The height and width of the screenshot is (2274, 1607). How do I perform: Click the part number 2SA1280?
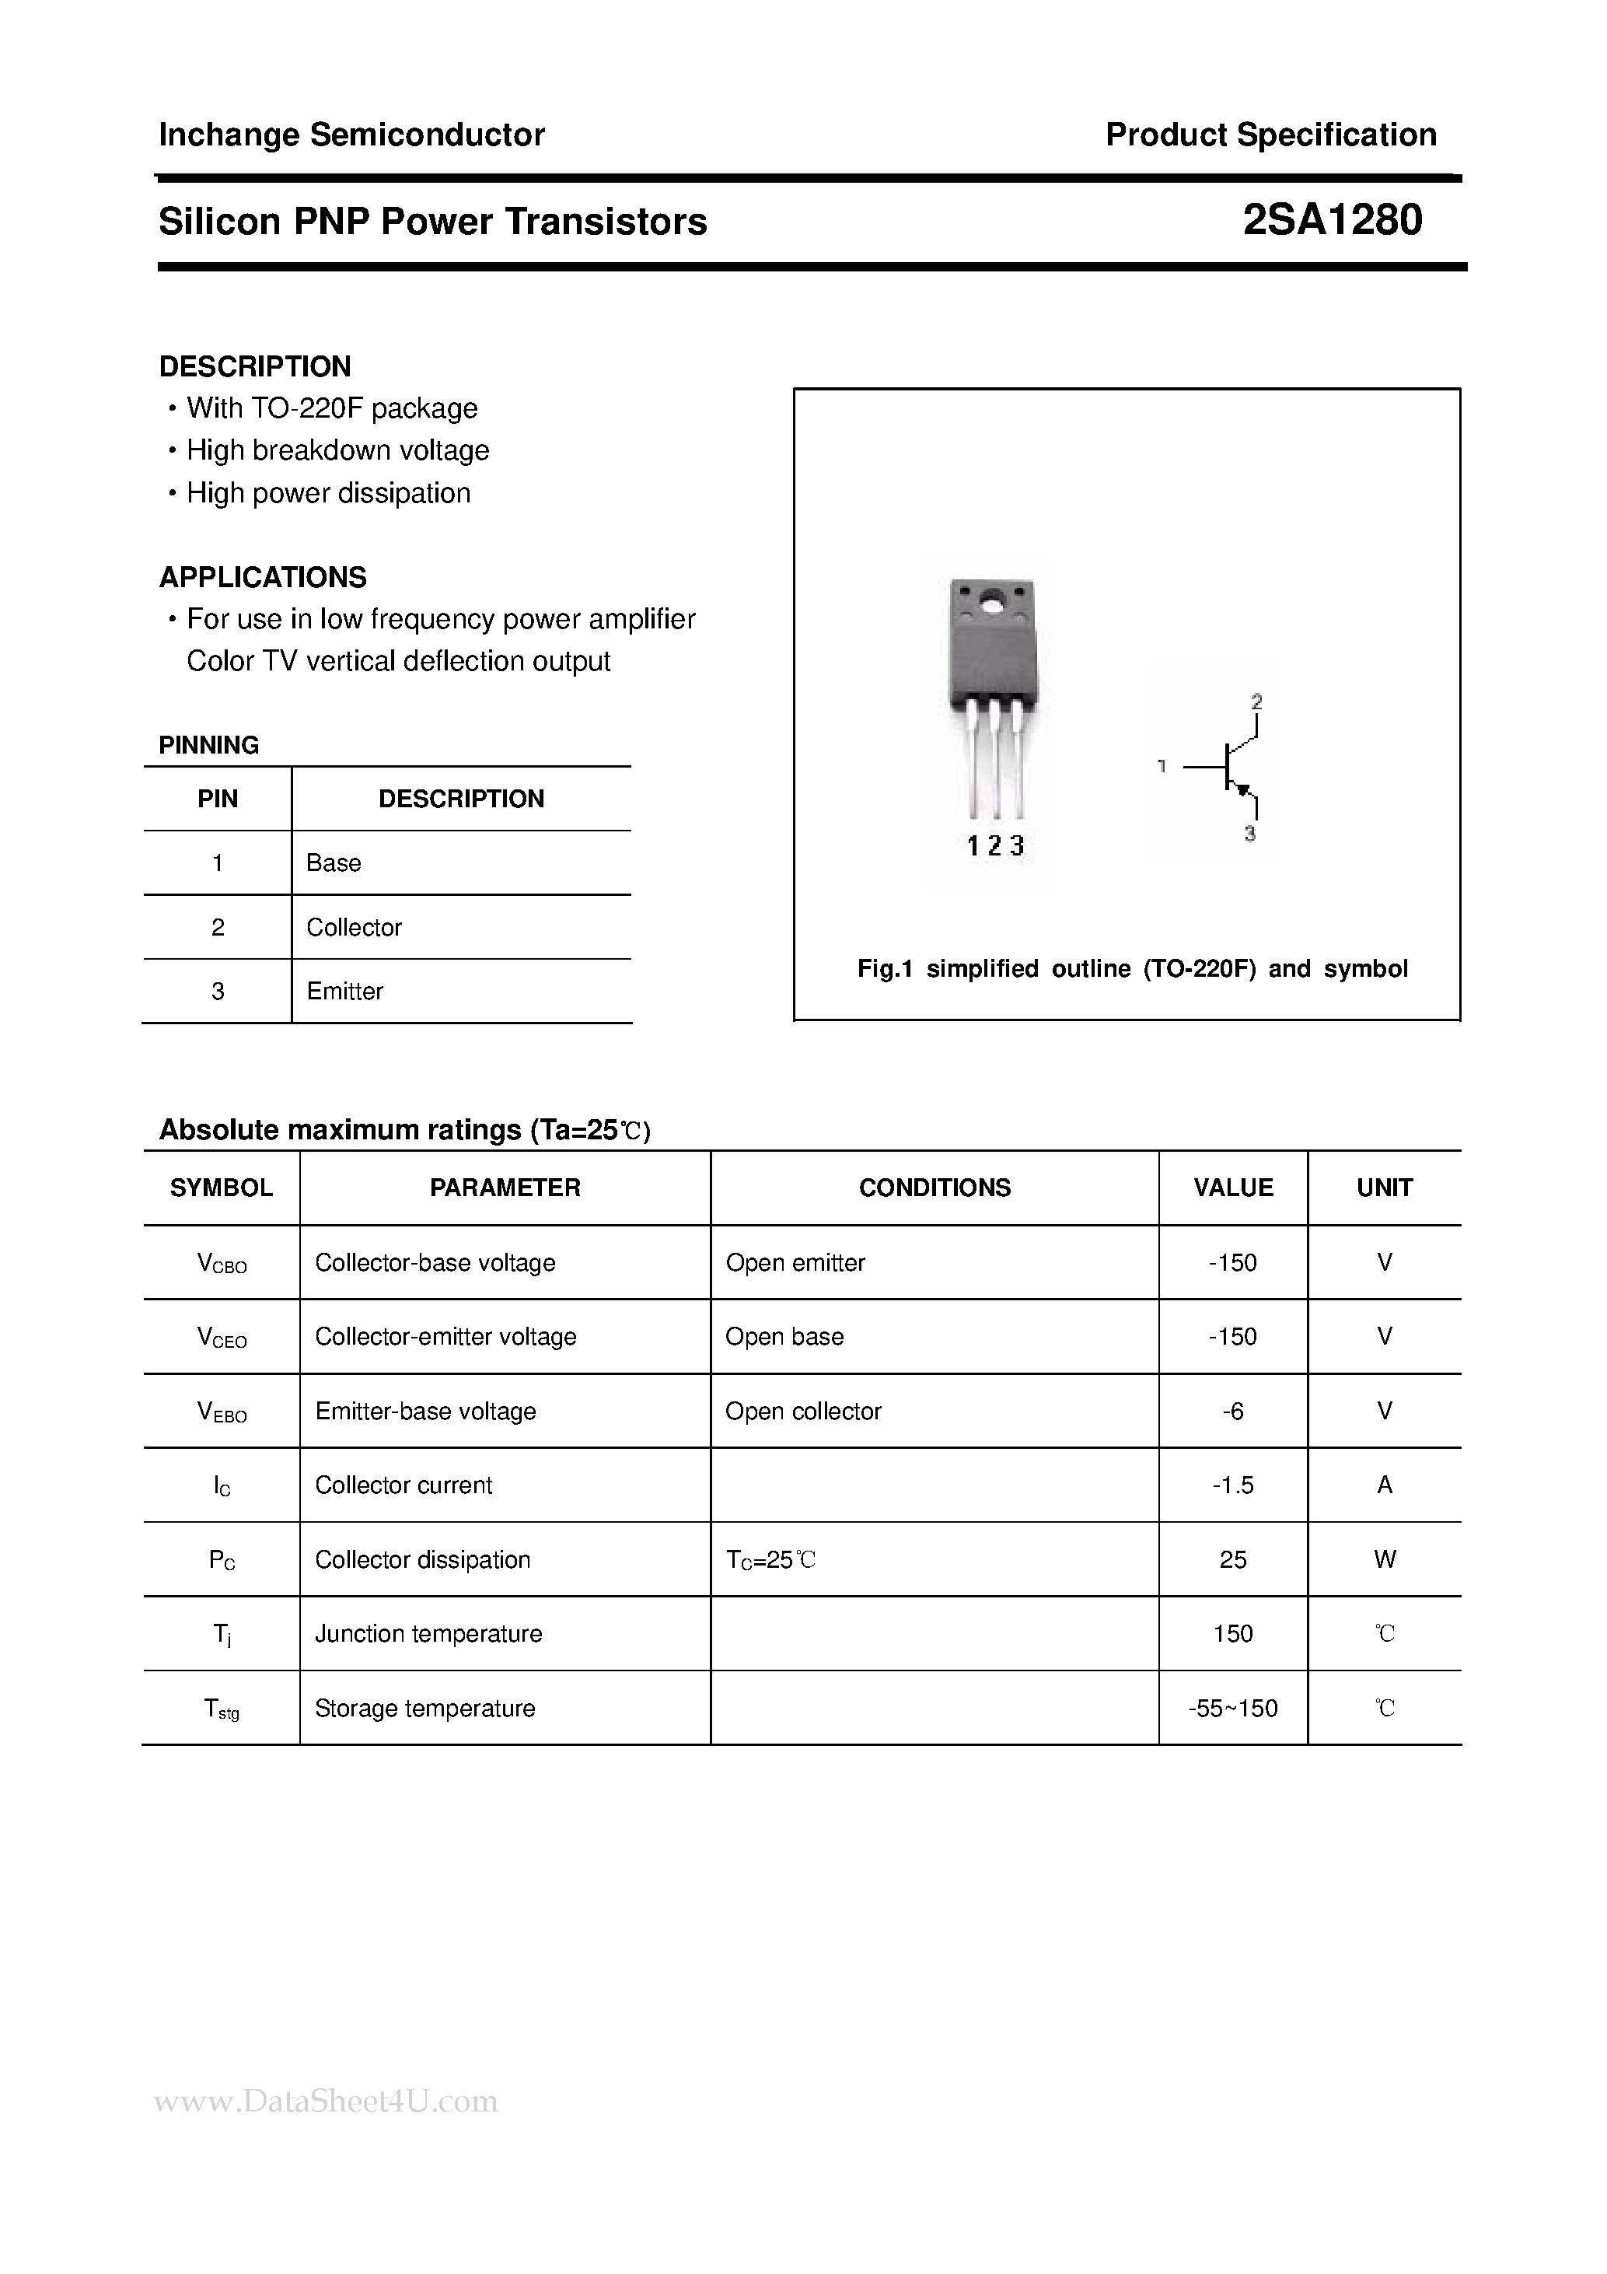point(1332,220)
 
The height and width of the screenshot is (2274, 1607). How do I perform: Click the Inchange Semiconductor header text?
point(351,135)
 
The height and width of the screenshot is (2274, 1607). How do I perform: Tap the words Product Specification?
point(1270,135)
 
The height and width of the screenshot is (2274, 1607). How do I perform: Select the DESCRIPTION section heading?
point(254,366)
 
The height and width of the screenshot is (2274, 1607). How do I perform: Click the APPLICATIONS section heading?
point(262,576)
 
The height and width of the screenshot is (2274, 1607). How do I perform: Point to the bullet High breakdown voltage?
point(337,450)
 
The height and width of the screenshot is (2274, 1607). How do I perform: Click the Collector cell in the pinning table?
point(354,927)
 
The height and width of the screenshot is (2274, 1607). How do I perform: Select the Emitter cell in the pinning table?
point(344,992)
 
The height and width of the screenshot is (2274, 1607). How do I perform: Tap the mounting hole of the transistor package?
point(992,600)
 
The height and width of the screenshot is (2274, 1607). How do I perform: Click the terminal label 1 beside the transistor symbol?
point(1162,765)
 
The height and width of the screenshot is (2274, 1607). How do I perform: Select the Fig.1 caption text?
point(1132,969)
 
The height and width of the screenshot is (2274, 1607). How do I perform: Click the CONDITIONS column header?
point(934,1188)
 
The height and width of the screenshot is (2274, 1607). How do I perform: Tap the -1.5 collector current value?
point(1233,1485)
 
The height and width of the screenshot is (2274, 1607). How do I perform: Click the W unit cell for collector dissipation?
point(1384,1559)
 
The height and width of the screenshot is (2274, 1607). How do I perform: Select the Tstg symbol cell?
point(221,1709)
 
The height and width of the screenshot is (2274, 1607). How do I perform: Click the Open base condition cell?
point(784,1336)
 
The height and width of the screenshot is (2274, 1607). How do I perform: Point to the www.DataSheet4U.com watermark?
point(326,2101)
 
